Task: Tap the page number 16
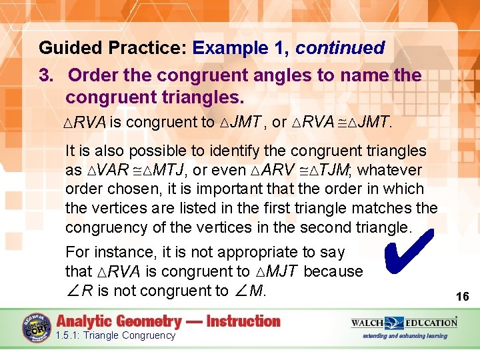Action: (x=462, y=296)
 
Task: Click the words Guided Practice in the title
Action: (x=113, y=48)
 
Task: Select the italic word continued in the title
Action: (x=340, y=48)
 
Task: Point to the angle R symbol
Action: (x=79, y=291)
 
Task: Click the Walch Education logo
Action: (x=404, y=323)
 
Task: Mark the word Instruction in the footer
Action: (x=243, y=321)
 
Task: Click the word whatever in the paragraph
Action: (x=395, y=170)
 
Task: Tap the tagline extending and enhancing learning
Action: (x=404, y=336)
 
